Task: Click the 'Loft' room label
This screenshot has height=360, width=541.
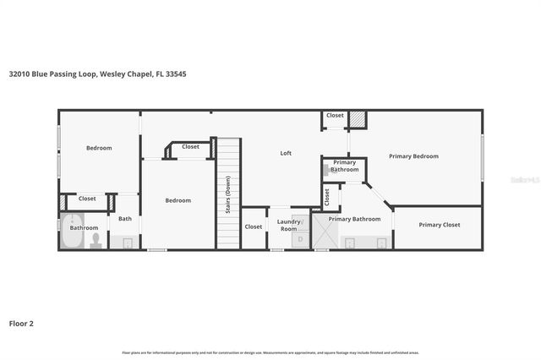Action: click(286, 153)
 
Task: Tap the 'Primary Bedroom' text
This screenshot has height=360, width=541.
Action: click(413, 156)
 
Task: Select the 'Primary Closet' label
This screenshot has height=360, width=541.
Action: click(440, 225)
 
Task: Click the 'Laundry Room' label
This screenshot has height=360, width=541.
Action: click(289, 225)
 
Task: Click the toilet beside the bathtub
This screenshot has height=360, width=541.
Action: click(96, 241)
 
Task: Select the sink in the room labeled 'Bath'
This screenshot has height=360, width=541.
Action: click(128, 243)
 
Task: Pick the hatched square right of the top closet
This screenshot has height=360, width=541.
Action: click(358, 119)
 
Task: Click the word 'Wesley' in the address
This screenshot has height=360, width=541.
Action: click(117, 74)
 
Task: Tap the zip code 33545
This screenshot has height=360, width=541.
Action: click(176, 74)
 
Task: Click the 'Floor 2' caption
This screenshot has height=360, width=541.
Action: click(21, 323)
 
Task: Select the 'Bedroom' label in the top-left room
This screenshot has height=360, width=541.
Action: click(99, 148)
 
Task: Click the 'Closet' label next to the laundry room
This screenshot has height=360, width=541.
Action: click(254, 226)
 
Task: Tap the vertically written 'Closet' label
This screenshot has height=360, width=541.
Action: click(327, 197)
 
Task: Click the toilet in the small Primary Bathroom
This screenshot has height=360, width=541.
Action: click(326, 169)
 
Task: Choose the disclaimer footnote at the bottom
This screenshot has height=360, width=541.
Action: click(270, 352)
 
